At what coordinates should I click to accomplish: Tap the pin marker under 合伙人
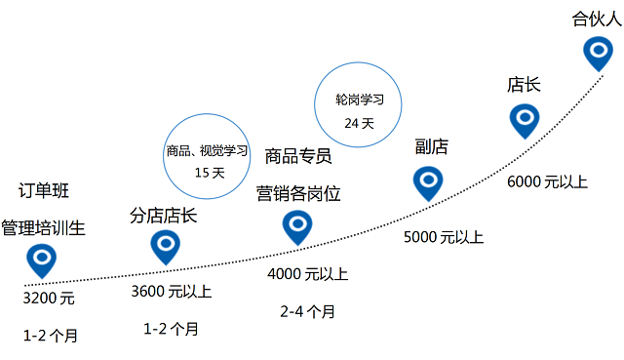[x=598, y=50]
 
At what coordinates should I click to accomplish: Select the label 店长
[x=524, y=84]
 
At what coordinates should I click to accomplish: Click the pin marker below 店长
[x=525, y=119]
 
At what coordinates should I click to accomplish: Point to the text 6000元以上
[x=548, y=181]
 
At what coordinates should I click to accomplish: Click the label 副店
[x=431, y=146]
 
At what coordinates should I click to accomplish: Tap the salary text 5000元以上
[x=444, y=237]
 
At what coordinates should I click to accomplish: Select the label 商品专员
[x=298, y=156]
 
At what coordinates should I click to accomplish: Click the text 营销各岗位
[x=298, y=193]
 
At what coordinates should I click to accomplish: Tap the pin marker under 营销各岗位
[x=296, y=225]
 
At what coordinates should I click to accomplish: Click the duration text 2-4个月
[x=307, y=311]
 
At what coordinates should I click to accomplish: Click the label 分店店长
[x=164, y=216]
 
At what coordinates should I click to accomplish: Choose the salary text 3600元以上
[x=171, y=291]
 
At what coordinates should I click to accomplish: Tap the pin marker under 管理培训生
[x=41, y=259]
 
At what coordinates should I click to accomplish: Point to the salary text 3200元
[x=49, y=298]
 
